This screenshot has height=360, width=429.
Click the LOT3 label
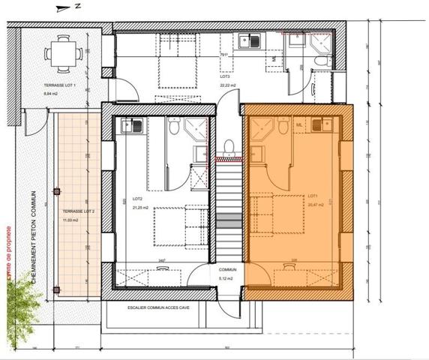(x=224, y=76)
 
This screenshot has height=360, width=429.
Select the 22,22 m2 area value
(x=228, y=85)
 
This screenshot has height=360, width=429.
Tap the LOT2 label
(x=137, y=198)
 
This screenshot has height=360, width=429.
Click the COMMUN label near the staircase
(x=228, y=269)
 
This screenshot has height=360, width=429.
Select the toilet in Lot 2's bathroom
(x=174, y=130)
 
